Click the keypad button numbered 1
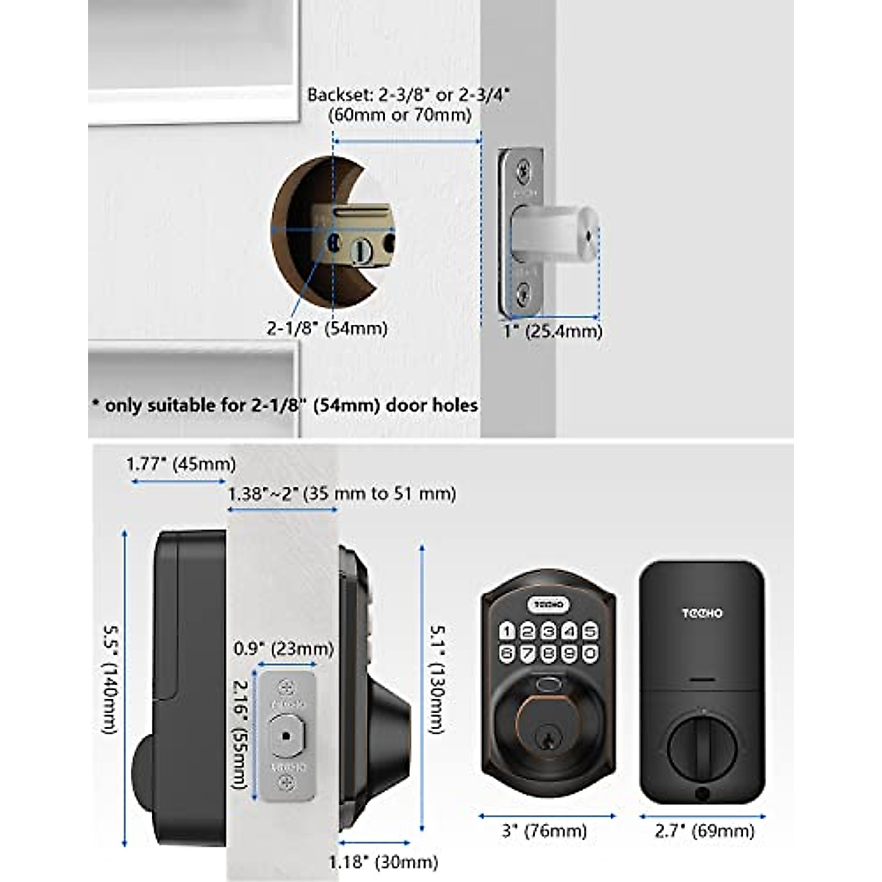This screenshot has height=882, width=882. pos(507,631)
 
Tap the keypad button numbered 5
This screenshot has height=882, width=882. pos(589,631)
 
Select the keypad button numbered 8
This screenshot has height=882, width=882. pos(548,653)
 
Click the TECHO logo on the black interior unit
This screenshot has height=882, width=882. pos(702,613)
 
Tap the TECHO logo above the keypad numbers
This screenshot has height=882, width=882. pos(548,605)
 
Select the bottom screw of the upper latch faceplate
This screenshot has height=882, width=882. pos(523,296)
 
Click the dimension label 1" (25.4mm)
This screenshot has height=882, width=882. pos(553,331)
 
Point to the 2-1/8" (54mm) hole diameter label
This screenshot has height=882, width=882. pos(326,329)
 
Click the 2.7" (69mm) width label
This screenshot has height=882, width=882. pos(703,831)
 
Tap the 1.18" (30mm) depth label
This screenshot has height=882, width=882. pos(383,861)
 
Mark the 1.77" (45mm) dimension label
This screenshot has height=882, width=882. pos(181,465)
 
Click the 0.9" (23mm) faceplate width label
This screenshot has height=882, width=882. pos(284,649)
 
